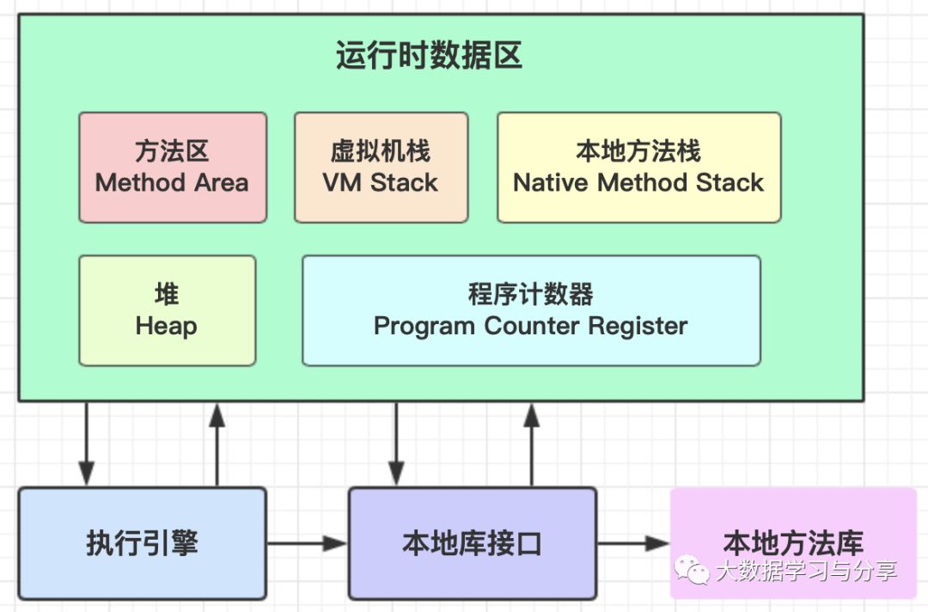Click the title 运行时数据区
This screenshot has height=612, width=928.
tap(429, 56)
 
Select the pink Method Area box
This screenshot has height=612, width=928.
tap(173, 168)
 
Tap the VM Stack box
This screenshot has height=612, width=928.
tap(382, 168)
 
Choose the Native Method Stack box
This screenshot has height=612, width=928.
tap(639, 168)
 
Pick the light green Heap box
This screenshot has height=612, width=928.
tap(168, 311)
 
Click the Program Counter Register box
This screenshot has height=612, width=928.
tap(532, 311)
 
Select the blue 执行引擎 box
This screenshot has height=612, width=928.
tap(143, 543)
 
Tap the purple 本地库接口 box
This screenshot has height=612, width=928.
tap(473, 543)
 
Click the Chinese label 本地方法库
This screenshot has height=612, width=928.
tap(793, 542)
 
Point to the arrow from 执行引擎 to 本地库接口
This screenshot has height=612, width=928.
tap(307, 543)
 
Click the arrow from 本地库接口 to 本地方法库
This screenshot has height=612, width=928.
tap(633, 543)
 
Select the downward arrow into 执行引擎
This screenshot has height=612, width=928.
tap(87, 444)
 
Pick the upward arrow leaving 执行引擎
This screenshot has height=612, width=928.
tap(217, 444)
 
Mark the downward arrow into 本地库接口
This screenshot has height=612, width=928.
tap(396, 444)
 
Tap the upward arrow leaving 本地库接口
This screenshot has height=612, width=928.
tap(532, 444)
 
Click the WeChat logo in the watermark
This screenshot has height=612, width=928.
tap(692, 569)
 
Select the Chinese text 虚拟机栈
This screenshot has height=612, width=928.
tap(381, 151)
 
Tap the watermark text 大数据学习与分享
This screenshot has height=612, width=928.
tap(806, 571)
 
